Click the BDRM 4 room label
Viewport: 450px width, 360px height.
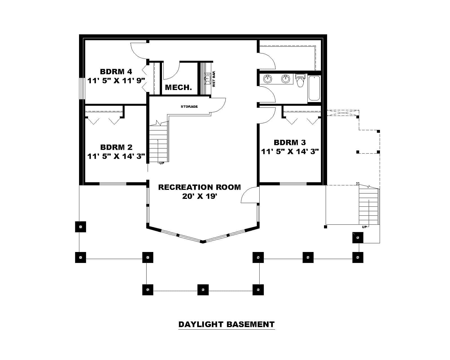tap(116, 71)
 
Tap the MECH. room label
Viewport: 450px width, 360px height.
tap(178, 87)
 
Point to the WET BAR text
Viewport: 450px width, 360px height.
tap(214, 79)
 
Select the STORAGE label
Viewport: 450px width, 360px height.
tap(189, 107)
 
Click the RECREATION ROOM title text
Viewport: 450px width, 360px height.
tap(199, 187)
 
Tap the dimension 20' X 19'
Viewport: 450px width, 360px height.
tap(199, 196)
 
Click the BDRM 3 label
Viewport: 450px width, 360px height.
tap(290, 143)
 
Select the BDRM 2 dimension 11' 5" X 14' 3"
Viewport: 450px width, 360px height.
tap(116, 156)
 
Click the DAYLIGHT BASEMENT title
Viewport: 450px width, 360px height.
tap(226, 324)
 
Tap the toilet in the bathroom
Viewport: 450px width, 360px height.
tap(300, 81)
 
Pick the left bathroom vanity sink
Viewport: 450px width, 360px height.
tap(267, 79)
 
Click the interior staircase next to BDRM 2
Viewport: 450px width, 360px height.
tap(158, 143)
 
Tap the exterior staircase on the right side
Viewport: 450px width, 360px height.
tap(368, 207)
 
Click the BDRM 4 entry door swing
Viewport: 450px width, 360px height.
tap(138, 51)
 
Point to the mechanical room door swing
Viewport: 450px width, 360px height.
tap(172, 71)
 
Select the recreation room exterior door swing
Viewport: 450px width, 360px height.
tap(250, 195)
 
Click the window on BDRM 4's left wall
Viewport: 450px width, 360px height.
tap(82, 88)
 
